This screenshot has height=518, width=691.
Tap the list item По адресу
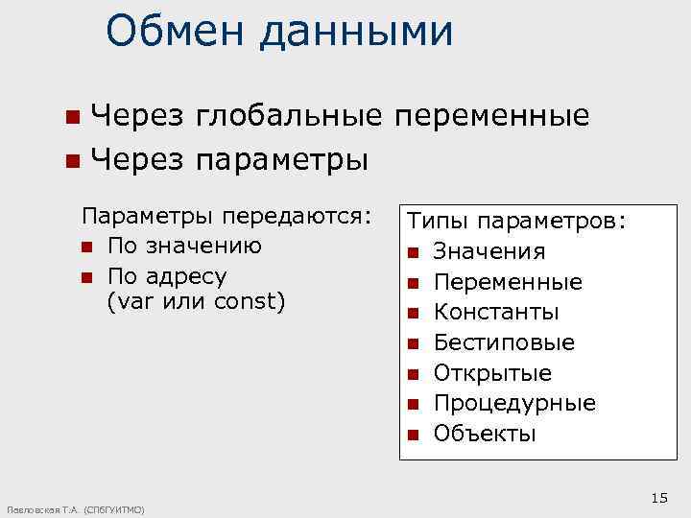168,275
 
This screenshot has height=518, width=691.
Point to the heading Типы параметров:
516,221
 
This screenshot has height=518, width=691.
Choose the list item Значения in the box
489,251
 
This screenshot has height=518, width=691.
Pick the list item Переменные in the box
508,282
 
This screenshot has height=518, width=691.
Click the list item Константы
496,313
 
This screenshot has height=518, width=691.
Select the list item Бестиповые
504,342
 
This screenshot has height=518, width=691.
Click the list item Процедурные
514,403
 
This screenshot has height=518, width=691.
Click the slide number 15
658,496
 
